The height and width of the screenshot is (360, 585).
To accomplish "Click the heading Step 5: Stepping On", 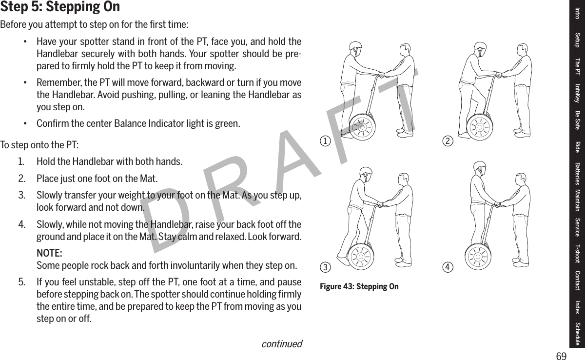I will (x=60, y=7).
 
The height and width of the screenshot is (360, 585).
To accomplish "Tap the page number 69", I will (x=562, y=356).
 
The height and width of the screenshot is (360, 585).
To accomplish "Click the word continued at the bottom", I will (x=281, y=344).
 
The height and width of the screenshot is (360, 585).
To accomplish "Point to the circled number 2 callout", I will (x=446, y=142).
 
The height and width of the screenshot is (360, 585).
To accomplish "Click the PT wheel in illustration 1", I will (x=361, y=126).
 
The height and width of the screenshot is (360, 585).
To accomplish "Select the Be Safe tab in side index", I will (x=578, y=120).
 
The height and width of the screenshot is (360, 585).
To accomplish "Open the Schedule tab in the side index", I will (x=578, y=334).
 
